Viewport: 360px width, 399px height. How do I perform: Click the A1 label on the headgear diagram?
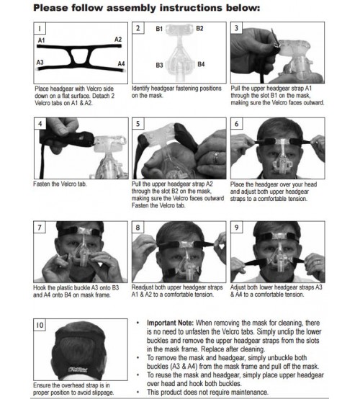(42, 42)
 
